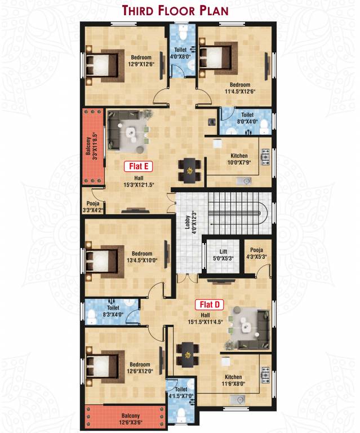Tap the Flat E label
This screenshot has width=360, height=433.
[138, 166]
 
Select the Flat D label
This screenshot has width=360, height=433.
[210, 305]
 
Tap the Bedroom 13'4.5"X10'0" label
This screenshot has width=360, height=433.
[141, 257]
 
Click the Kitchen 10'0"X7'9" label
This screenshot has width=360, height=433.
[239, 160]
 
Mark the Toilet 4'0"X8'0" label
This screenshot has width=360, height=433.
[181, 52]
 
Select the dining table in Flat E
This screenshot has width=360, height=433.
[190, 170]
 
